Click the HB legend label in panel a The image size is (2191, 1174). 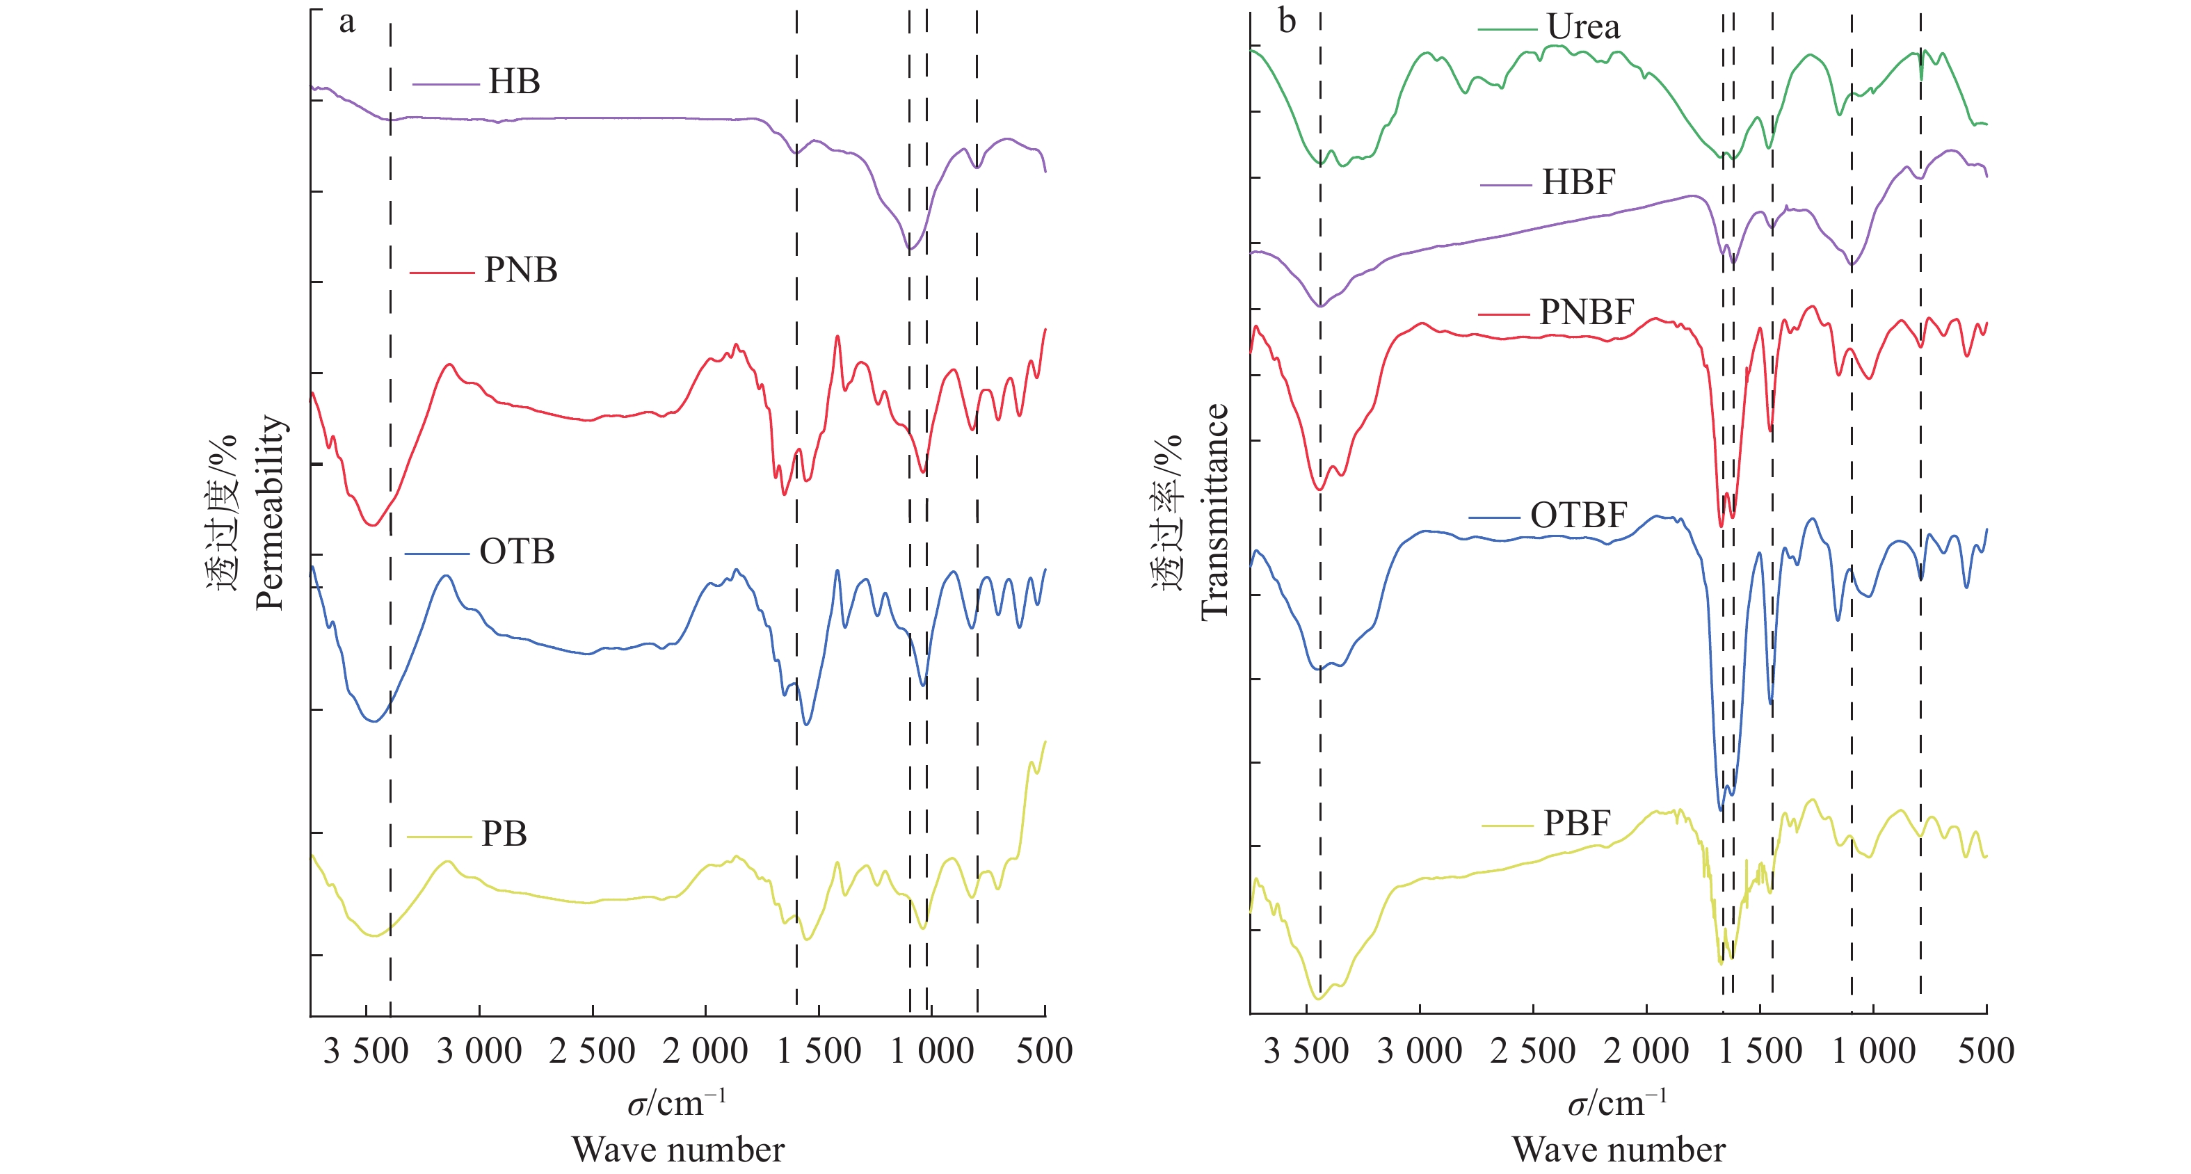click(514, 81)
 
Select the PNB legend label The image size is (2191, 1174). click(520, 270)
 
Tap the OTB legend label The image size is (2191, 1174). click(516, 552)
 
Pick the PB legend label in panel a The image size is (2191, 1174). click(504, 834)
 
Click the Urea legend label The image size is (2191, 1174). click(1583, 27)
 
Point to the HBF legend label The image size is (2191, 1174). click(1578, 182)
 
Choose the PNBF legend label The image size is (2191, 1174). click(1587, 312)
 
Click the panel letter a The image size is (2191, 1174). click(346, 22)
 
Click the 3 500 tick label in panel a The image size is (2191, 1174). click(366, 1052)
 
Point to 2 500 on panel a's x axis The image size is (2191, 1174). click(592, 1052)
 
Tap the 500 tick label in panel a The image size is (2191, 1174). click(1045, 1052)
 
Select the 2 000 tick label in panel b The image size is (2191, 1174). click(1646, 1052)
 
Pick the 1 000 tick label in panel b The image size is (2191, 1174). click(1873, 1052)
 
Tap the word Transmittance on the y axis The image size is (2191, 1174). click(1214, 512)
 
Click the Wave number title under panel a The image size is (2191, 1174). click(678, 1150)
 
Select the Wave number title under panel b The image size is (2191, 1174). click(1619, 1150)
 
